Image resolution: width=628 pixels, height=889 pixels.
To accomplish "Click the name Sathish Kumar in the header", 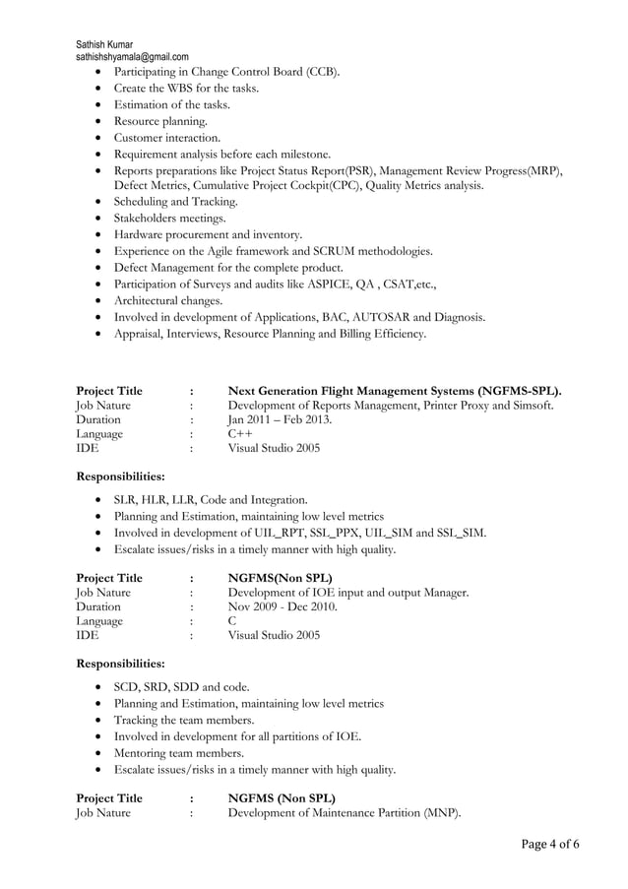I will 109,44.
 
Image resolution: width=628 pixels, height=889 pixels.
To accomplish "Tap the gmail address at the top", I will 132,57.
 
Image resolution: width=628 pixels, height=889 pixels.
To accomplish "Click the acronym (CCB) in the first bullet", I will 322,72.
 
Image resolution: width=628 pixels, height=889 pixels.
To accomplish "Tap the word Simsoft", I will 530,405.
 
